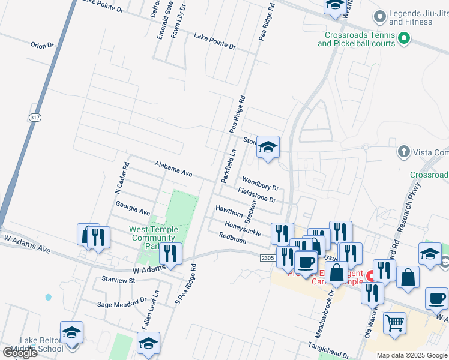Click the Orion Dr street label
pos(42,45)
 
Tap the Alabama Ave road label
pos(173,169)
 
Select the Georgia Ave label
pos(133,208)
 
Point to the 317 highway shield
pos(34,118)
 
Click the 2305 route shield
pos(268,258)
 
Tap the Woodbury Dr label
pos(260,183)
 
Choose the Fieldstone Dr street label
pos(256,195)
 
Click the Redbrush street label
pos(232,239)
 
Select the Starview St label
pos(118,280)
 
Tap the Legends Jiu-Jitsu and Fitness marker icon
pos(379,16)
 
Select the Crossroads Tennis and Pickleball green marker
pos(405,39)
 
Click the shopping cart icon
pos(394,324)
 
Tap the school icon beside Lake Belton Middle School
pos(71,332)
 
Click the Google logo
pos(20,353)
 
